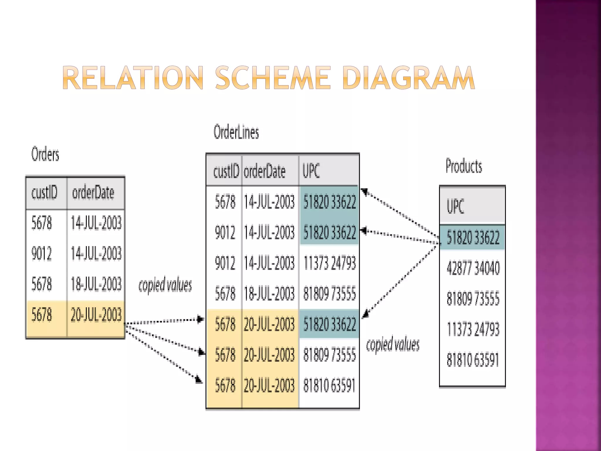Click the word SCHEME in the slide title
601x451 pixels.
(x=273, y=78)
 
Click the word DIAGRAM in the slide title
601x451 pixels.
(x=408, y=78)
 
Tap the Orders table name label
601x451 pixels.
(x=45, y=154)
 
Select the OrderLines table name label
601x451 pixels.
(x=236, y=132)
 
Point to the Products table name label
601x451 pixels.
(x=464, y=166)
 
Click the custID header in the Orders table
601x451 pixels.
(x=44, y=193)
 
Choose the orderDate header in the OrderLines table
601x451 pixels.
(x=265, y=171)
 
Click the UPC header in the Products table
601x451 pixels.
(x=455, y=206)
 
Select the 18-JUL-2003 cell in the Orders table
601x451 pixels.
(x=96, y=284)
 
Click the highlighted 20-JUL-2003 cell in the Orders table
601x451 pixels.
(x=96, y=315)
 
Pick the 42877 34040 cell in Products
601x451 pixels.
(x=473, y=268)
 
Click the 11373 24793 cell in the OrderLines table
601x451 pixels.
(x=330, y=263)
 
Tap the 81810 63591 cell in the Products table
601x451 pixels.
(x=473, y=360)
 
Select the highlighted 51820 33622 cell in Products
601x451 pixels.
(x=473, y=238)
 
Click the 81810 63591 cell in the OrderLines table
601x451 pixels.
(x=330, y=385)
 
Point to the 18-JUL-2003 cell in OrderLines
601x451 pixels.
(x=269, y=293)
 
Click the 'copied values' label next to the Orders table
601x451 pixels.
(x=165, y=285)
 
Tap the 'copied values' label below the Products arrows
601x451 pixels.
(x=393, y=344)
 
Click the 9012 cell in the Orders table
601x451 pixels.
(x=42, y=253)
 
